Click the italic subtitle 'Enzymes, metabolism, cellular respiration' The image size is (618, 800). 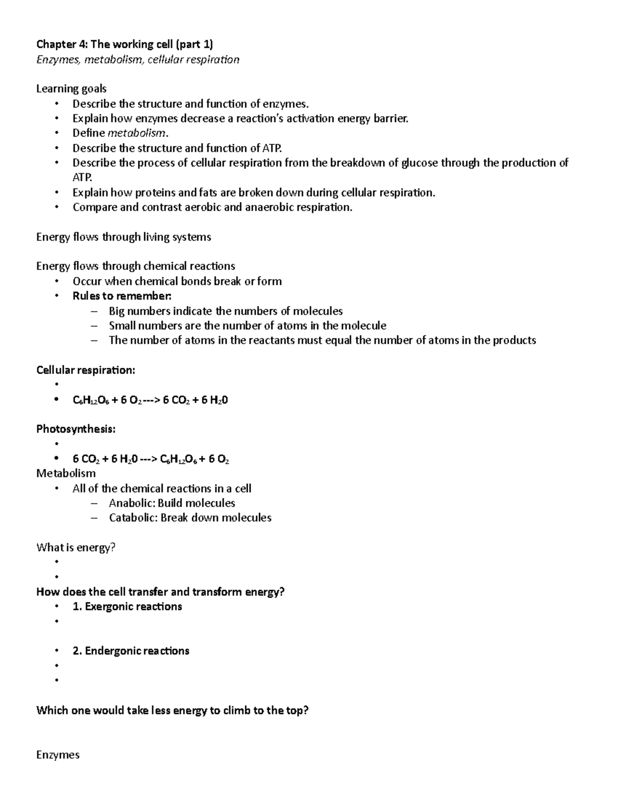[x=138, y=60]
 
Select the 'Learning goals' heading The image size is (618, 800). [x=71, y=89]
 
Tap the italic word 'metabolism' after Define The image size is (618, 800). [x=136, y=133]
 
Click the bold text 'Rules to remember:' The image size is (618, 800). [x=122, y=296]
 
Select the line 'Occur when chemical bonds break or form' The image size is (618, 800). [x=177, y=281]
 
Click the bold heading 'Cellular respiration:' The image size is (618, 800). [x=85, y=370]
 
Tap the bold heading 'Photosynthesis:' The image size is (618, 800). [x=76, y=429]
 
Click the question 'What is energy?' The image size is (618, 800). [x=76, y=548]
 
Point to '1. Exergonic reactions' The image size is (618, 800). [x=127, y=607]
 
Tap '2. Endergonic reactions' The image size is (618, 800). [x=131, y=651]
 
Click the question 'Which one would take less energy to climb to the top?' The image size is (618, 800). [x=172, y=711]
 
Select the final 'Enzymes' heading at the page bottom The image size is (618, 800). [x=58, y=755]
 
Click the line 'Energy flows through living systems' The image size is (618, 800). [x=124, y=237]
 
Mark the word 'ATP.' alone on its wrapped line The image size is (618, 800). [x=82, y=178]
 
